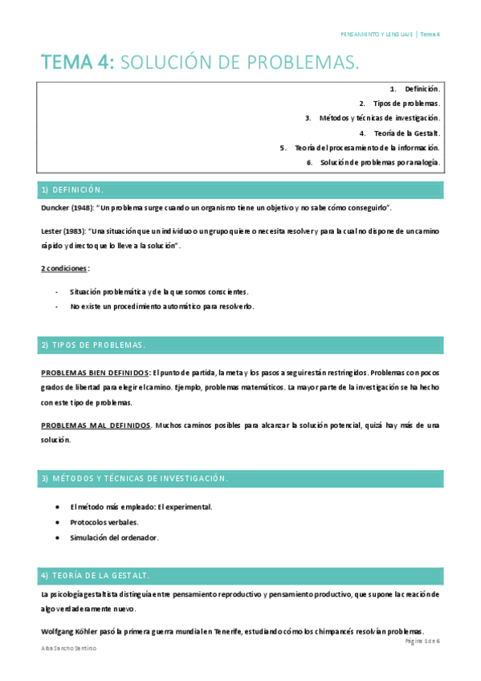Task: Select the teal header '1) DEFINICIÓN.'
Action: point(72,190)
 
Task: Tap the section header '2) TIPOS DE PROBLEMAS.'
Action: point(92,345)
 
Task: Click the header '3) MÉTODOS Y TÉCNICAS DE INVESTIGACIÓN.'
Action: point(134,479)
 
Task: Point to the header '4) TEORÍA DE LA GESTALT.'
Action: point(95,576)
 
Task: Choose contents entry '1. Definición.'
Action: point(415,88)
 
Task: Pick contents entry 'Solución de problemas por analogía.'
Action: point(380,162)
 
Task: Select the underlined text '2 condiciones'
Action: point(64,268)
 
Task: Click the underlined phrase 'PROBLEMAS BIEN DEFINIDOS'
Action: point(95,373)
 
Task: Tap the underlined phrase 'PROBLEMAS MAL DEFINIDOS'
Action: point(95,425)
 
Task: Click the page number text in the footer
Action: point(423,642)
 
